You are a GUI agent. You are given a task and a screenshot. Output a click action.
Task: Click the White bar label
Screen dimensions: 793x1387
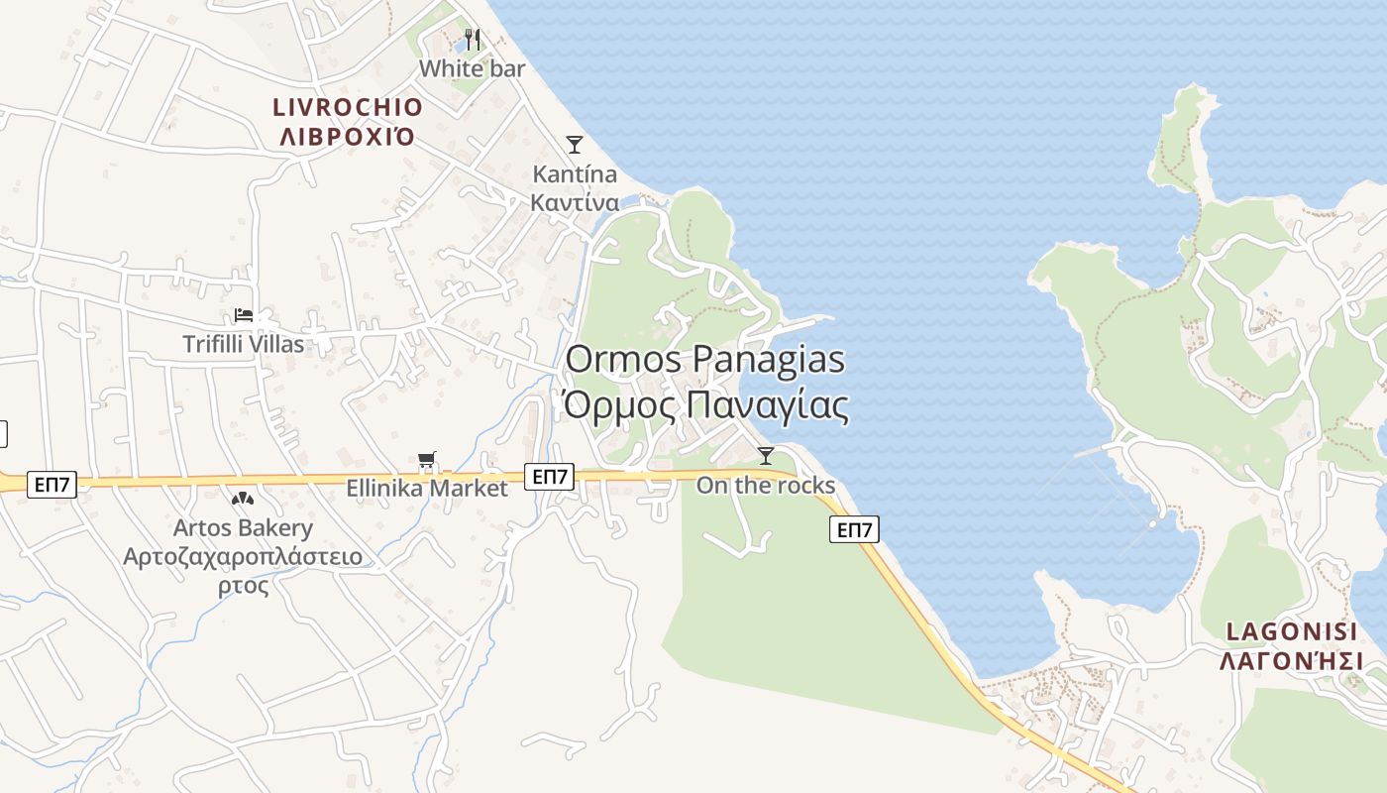point(472,68)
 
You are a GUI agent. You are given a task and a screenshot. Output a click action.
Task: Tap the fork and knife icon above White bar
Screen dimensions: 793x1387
point(473,41)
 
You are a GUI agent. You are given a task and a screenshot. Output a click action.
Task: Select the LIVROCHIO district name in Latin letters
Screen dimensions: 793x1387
point(348,107)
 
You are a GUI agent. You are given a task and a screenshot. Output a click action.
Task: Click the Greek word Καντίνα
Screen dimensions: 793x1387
point(575,203)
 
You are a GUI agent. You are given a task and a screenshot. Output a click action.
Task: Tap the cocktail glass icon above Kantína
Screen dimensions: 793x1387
point(574,145)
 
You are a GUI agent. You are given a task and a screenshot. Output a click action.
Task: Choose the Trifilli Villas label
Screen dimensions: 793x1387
point(244,344)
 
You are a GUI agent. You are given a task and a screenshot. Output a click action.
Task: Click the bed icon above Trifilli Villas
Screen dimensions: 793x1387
point(244,315)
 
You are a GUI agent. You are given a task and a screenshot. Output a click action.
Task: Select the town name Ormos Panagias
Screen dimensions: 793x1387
point(704,359)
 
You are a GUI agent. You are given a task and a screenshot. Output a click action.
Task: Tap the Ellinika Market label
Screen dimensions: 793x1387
point(426,488)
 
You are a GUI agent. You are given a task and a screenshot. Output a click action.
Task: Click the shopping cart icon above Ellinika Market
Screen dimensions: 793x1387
point(426,460)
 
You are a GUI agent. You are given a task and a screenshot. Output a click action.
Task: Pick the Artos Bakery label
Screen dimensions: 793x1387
point(243,528)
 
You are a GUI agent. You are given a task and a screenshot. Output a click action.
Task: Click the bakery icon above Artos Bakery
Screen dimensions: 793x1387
point(242,499)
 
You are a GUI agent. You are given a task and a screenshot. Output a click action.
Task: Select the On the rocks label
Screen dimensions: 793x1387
point(765,485)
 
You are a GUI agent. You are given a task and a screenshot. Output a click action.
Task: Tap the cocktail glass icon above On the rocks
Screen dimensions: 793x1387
point(765,456)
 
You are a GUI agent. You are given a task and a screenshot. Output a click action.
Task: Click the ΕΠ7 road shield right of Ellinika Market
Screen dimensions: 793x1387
point(549,477)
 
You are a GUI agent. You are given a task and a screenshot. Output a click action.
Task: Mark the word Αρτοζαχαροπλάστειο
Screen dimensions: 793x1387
point(243,556)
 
